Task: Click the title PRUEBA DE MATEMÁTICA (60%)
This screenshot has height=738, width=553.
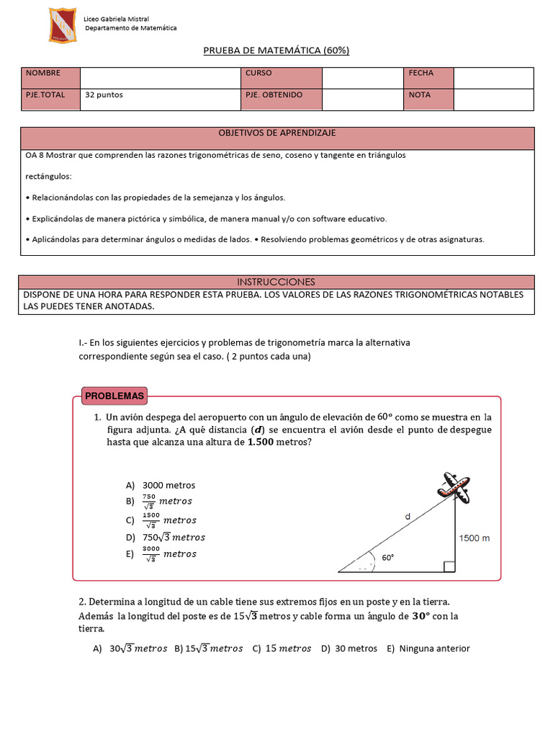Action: [276, 50]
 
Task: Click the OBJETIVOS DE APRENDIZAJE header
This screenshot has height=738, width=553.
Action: [277, 133]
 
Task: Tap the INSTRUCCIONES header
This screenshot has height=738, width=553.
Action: [277, 282]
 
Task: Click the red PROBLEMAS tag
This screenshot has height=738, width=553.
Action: [114, 396]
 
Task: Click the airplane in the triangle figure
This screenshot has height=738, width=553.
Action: [455, 487]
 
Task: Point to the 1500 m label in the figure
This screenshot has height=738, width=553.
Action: [475, 538]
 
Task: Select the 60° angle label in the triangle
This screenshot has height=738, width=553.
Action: [388, 557]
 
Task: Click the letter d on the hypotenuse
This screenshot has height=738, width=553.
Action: [408, 516]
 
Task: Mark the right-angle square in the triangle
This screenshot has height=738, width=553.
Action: [449, 566]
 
